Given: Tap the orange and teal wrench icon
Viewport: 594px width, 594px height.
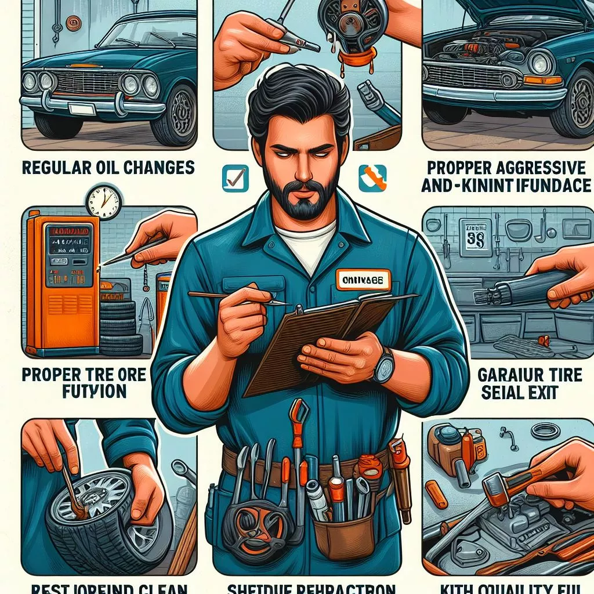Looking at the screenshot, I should [372, 178].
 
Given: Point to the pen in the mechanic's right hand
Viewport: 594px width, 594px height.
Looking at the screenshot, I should [238, 298].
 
